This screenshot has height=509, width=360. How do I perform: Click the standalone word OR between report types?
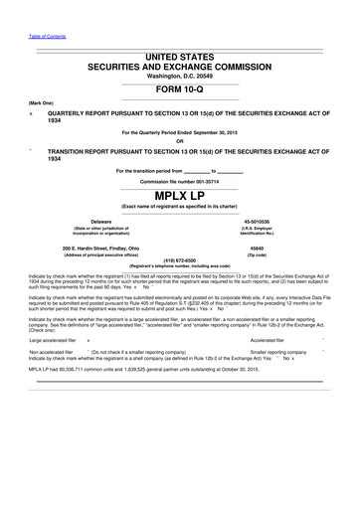(180, 140)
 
